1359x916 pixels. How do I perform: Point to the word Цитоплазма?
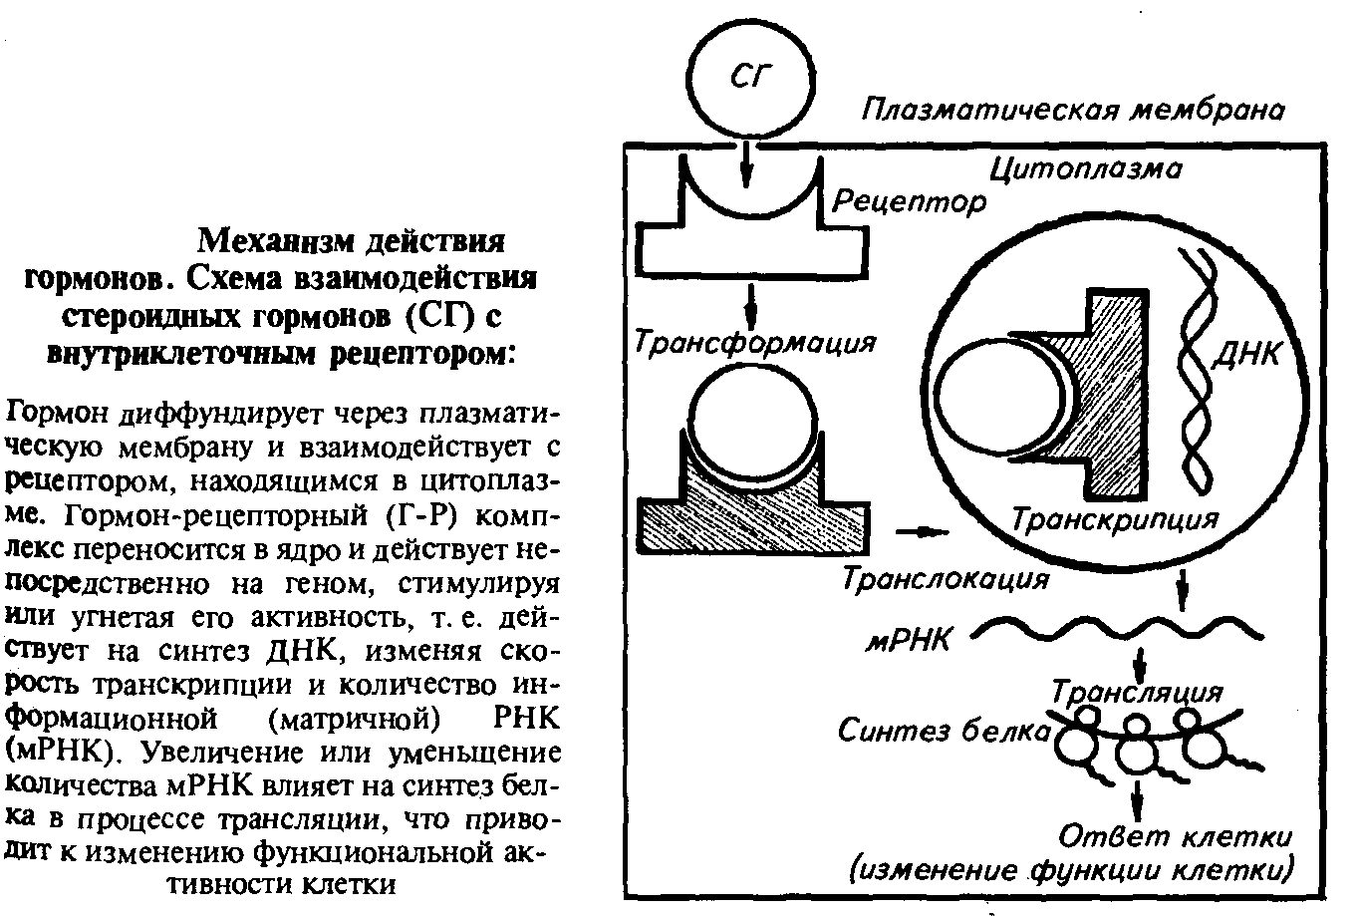click(1086, 169)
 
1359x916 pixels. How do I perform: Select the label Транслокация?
click(946, 578)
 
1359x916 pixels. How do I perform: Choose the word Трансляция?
click(1135, 691)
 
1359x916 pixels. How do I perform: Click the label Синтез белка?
click(942, 732)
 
